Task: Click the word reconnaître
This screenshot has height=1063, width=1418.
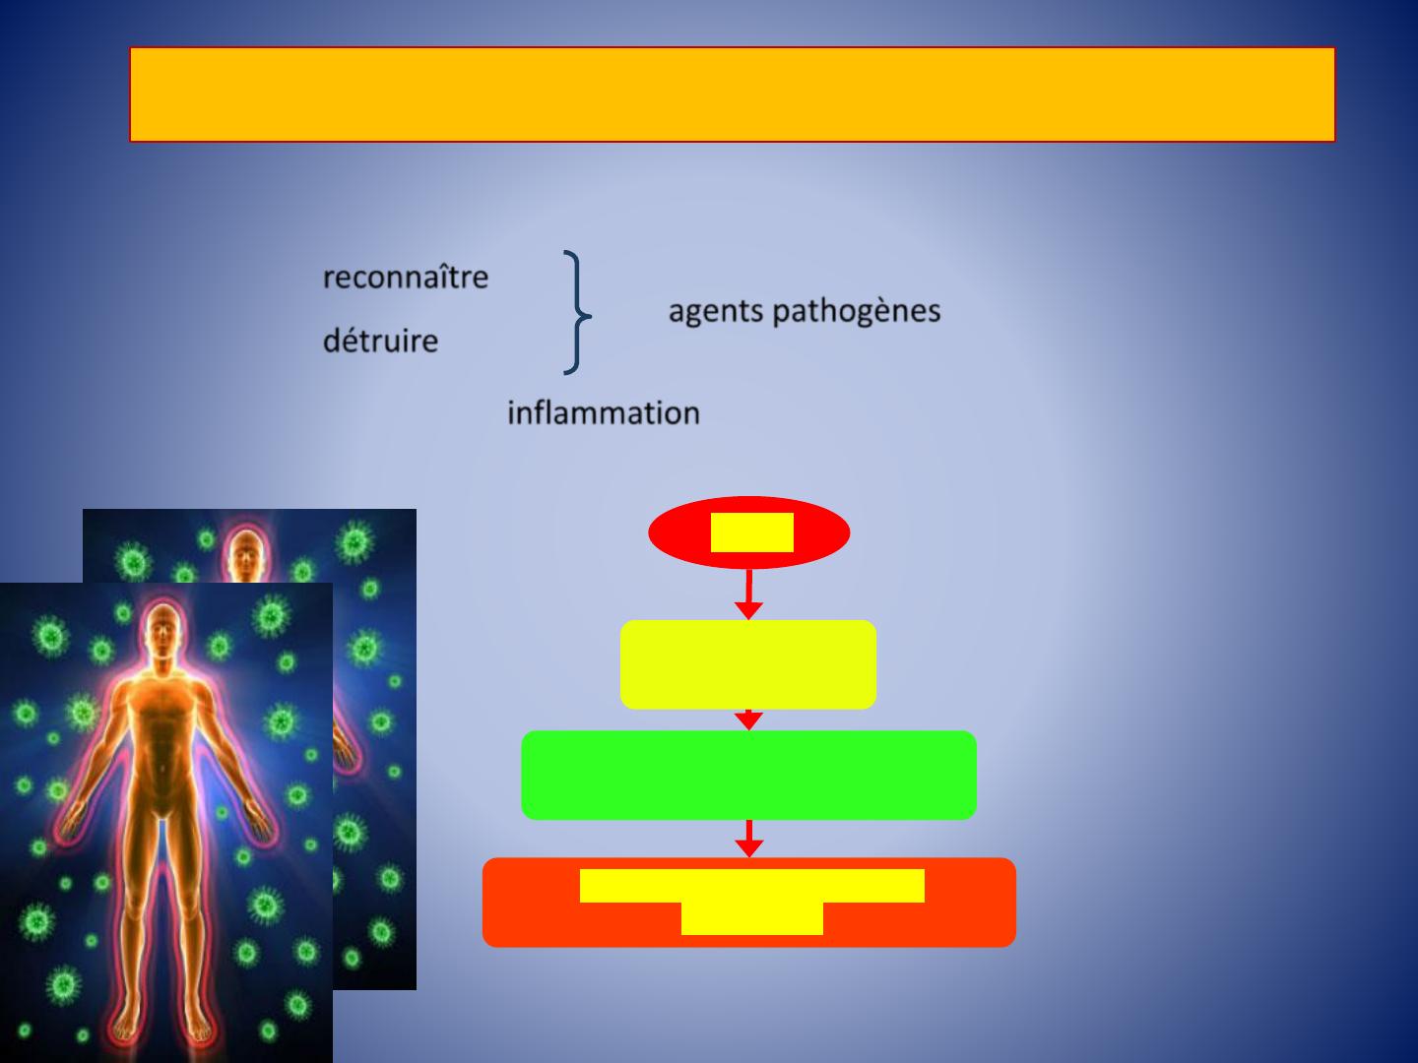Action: [406, 278]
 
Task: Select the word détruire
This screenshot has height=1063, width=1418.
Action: [380, 341]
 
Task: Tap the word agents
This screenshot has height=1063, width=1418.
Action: [716, 312]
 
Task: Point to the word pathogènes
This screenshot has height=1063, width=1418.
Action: [857, 312]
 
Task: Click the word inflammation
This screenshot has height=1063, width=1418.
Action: [604, 412]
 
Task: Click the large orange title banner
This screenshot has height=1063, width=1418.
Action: [733, 94]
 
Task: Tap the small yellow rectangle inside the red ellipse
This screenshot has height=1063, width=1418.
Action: [752, 532]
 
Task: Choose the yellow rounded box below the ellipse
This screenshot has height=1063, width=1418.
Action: [748, 664]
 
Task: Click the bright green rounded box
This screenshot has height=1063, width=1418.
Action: [748, 775]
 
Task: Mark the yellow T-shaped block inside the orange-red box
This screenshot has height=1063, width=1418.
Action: [752, 901]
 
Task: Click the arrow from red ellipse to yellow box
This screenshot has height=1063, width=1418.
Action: [748, 594]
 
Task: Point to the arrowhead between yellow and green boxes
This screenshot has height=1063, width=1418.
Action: [748, 719]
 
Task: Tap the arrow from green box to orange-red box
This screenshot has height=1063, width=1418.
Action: [749, 839]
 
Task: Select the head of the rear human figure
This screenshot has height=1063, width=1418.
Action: [244, 554]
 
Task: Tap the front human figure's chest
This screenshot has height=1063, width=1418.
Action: [162, 704]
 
